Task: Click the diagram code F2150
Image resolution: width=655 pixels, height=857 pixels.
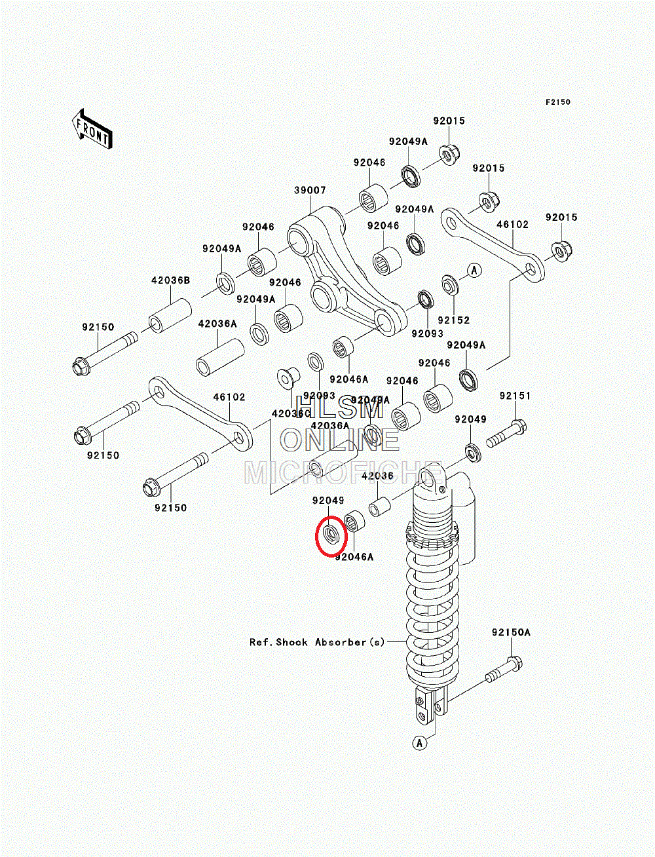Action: [559, 102]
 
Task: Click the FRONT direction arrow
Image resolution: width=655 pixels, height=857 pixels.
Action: [91, 129]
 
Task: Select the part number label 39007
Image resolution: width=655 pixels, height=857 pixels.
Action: [310, 191]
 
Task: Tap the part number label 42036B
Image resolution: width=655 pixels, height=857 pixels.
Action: [170, 280]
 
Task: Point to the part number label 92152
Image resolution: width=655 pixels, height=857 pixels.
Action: [454, 320]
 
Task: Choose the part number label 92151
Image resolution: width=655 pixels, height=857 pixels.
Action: [515, 396]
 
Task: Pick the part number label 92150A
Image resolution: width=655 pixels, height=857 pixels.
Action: [511, 632]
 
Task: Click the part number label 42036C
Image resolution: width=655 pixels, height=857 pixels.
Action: [291, 413]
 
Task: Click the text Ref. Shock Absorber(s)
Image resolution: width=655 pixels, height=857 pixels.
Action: [317, 642]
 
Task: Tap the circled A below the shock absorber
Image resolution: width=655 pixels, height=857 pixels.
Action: [420, 742]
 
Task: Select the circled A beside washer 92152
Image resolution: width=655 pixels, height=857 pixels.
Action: [474, 270]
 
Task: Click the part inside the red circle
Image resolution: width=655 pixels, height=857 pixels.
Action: [331, 535]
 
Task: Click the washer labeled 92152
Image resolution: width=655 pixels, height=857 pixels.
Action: [450, 286]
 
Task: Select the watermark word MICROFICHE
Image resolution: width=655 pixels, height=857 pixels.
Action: [341, 472]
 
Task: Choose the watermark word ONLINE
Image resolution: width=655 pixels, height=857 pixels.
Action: [339, 440]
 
